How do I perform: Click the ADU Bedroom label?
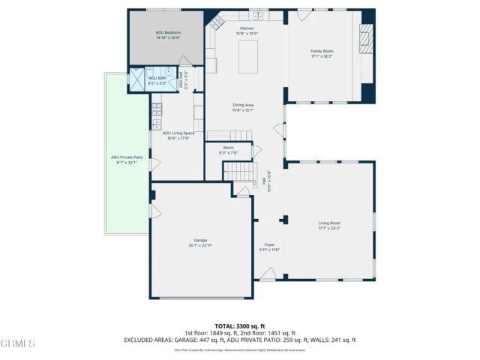coord(168,33)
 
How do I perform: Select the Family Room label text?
coord(322,51)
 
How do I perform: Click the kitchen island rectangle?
coord(249,58)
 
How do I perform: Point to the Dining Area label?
coord(244,105)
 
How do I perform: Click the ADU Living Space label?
coord(178,133)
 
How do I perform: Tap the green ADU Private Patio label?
coord(127,157)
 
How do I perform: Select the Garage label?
coord(200,240)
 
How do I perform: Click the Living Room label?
coord(329,223)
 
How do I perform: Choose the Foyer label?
coord(268,245)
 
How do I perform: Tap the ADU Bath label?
coord(157,78)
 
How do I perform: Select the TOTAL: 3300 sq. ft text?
coord(240,325)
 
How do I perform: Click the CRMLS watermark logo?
coord(18,343)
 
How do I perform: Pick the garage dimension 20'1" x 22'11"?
coord(200,245)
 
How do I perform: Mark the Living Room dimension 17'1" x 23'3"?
coord(329,228)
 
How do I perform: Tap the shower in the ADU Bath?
coord(138,77)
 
